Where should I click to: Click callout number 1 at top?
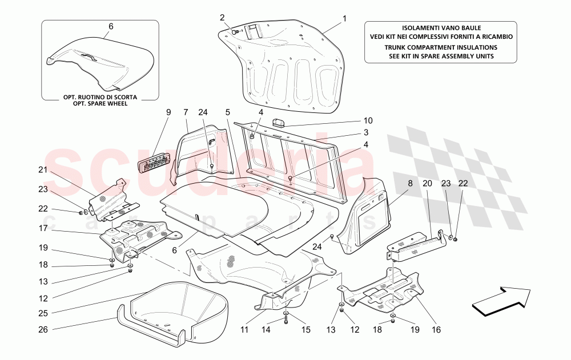coord(345,18)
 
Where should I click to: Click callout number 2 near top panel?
coord(222,18)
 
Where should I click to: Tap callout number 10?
coord(368,121)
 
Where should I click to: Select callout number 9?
coord(168,112)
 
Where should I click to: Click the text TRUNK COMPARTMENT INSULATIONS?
coord(440,48)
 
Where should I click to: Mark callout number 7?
coord(186,112)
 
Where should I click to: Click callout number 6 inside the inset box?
coord(111,26)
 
